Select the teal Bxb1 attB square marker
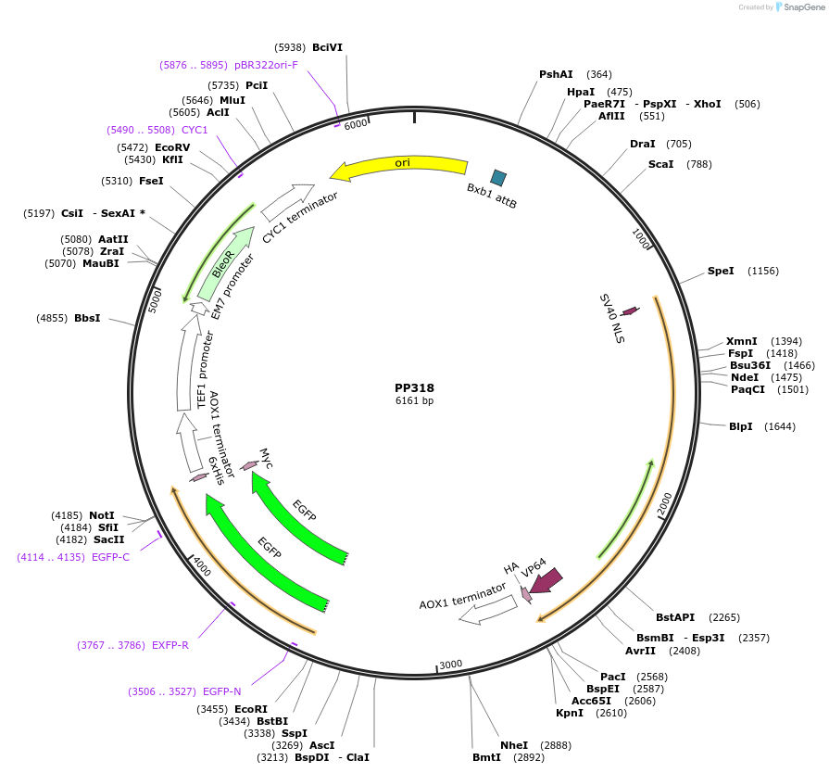coord(498,177)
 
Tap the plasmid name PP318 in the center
coord(414,388)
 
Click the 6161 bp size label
coord(414,401)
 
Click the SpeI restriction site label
coord(721,271)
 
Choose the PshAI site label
coord(556,74)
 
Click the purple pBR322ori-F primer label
coord(266,65)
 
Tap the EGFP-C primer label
coord(110,557)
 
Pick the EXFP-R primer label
coord(170,645)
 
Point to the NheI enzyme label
coord(514,744)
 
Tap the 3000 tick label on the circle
coord(450,665)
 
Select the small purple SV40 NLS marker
coord(630,310)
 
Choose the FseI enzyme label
coord(151,181)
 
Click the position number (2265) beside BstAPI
coord(726,617)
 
